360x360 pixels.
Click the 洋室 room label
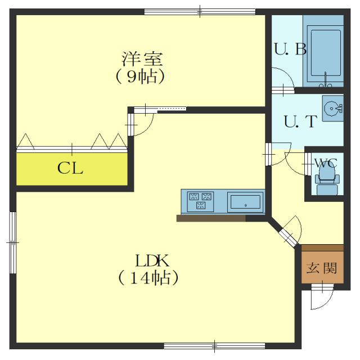[x=142, y=59]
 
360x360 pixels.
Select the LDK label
[x=152, y=260]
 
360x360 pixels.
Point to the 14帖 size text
[x=148, y=278]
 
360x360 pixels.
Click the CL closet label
[x=70, y=168]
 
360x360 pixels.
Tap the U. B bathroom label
[x=290, y=49]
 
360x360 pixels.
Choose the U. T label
[x=300, y=121]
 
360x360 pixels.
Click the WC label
[x=326, y=163]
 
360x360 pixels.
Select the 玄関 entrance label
[x=322, y=268]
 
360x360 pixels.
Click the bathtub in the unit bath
[x=325, y=53]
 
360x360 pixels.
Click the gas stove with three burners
[x=200, y=201]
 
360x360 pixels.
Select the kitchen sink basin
[x=245, y=202]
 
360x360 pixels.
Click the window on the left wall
[x=13, y=242]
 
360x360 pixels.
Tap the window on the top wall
[x=200, y=11]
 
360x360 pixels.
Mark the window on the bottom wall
[x=214, y=346]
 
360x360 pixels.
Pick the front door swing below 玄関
[x=322, y=297]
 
